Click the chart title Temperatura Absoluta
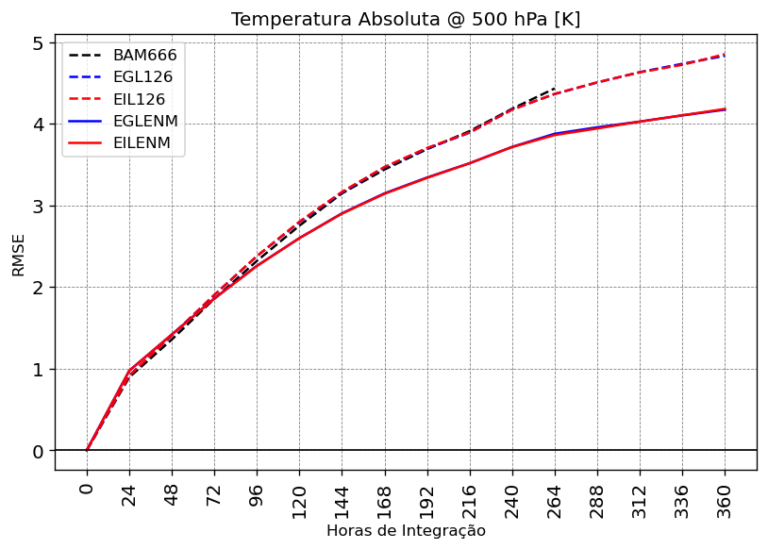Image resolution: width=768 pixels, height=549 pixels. [406, 20]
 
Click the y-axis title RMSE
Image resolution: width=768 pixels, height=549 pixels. [19, 255]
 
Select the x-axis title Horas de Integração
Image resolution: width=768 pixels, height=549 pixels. [406, 531]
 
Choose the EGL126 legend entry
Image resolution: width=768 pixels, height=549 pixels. [142, 77]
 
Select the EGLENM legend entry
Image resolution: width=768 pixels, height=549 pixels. [144, 121]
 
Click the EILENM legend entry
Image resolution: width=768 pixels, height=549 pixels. [142, 142]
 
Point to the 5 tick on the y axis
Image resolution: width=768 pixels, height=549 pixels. [37, 43]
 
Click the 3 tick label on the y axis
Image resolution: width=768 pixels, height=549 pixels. [37, 207]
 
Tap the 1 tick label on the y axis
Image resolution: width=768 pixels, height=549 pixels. [37, 370]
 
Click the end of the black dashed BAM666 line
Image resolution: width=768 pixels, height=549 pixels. [555, 88]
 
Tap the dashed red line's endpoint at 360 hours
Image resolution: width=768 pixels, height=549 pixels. [725, 55]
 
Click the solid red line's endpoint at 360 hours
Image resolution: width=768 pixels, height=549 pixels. [725, 109]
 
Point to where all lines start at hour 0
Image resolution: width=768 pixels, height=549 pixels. [87, 450]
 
